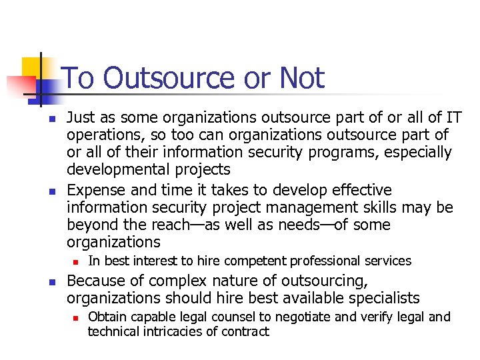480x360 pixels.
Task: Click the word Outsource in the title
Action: point(171,79)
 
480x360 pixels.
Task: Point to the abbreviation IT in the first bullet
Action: point(454,118)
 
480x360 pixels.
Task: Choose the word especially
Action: point(415,153)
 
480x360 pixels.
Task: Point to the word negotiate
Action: point(312,317)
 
